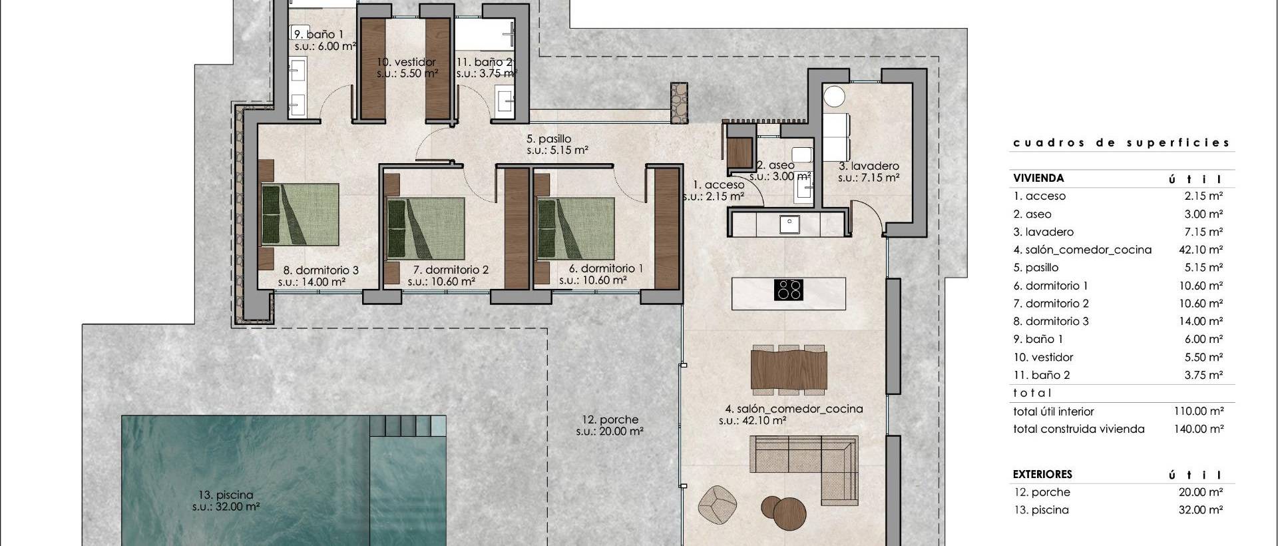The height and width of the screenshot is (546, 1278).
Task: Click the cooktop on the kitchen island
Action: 789,290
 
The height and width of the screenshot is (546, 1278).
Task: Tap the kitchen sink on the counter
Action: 789,224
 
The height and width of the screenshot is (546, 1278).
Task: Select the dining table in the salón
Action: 789,370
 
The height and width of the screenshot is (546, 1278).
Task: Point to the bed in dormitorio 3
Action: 300,214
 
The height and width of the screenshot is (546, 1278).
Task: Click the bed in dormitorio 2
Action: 426,228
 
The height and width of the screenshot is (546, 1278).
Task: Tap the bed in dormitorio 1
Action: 576,228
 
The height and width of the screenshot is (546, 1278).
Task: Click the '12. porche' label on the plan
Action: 610,420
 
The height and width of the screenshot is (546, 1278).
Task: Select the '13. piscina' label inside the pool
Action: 226,495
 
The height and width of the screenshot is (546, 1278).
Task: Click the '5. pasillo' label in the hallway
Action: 548,139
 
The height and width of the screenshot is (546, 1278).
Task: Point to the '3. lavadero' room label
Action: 869,166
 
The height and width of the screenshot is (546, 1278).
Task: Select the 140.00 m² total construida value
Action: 1198,429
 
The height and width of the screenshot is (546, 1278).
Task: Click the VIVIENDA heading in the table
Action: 1038,178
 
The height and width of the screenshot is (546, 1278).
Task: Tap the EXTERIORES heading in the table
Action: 1042,475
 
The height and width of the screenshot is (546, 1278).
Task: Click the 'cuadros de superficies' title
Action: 1121,142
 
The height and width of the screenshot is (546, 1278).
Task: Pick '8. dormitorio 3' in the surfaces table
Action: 1051,321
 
